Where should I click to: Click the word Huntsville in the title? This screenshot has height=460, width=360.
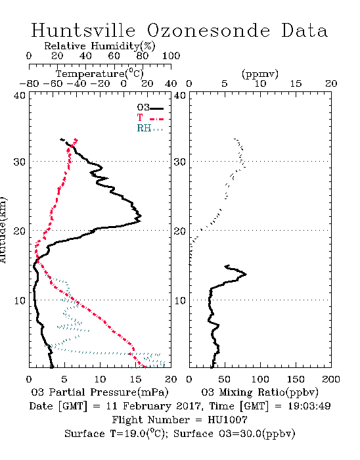[83, 30]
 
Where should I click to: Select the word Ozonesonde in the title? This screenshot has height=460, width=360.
[208, 30]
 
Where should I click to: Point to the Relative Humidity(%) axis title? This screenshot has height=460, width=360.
[100, 46]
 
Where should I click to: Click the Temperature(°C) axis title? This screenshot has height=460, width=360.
[100, 74]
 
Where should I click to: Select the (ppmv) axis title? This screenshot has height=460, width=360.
[260, 74]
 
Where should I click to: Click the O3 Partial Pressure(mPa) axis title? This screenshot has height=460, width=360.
[100, 392]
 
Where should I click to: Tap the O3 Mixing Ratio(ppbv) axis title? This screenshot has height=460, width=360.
[259, 392]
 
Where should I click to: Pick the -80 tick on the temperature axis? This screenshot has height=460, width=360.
[29, 84]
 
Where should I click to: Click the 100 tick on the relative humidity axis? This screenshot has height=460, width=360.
[171, 56]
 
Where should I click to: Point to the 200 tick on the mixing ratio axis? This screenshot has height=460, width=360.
[331, 379]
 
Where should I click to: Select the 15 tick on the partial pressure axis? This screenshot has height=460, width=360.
[135, 379]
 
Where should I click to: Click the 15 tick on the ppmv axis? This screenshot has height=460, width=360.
[296, 84]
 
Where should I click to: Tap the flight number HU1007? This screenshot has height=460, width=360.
[227, 420]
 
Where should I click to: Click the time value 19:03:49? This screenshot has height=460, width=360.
[309, 406]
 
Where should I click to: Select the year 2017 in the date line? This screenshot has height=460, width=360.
[189, 406]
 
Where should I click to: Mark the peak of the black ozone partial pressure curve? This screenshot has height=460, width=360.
[141, 216]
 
